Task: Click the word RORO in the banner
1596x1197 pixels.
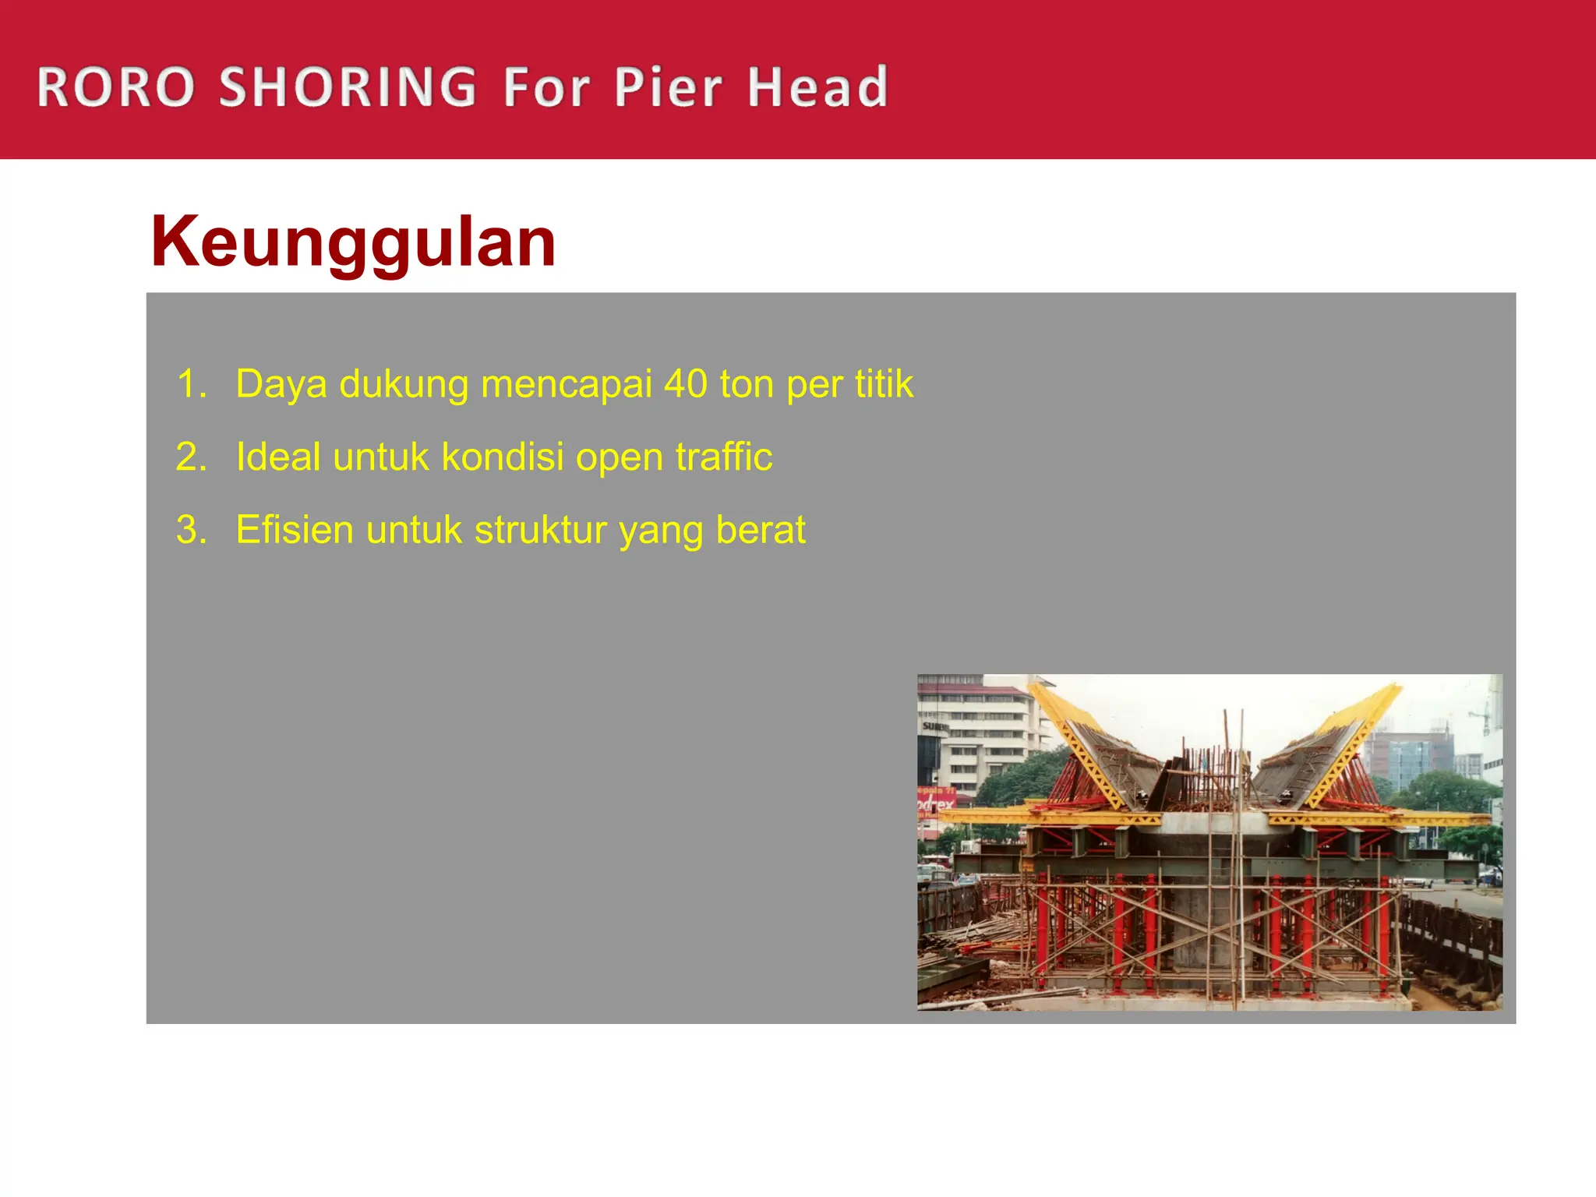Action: tap(115, 87)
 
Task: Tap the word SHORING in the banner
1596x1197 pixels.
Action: tap(348, 87)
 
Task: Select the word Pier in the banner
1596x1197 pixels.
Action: tap(669, 87)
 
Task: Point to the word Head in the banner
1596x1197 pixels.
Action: tap(817, 87)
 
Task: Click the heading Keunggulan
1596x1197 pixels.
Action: tap(353, 243)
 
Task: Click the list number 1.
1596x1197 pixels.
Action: tap(192, 384)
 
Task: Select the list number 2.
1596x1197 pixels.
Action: tap(192, 457)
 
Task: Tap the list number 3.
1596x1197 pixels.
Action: tap(192, 530)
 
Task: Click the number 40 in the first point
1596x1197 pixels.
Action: tap(686, 384)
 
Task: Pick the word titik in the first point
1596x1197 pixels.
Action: tap(884, 384)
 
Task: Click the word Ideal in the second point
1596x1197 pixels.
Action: tap(278, 457)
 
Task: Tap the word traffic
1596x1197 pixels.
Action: tap(724, 457)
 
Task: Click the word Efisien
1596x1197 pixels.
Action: tap(295, 530)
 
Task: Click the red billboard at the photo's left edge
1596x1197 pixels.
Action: tap(935, 803)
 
